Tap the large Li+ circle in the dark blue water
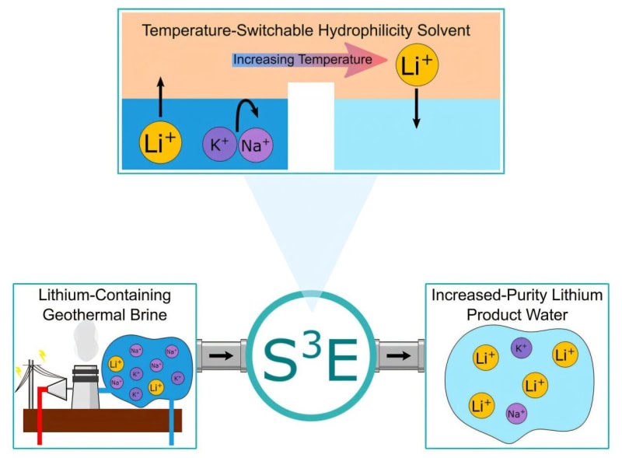coord(162,143)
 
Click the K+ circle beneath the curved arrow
coord(220,145)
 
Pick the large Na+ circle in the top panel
coord(256,145)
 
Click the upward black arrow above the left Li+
coord(161,97)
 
